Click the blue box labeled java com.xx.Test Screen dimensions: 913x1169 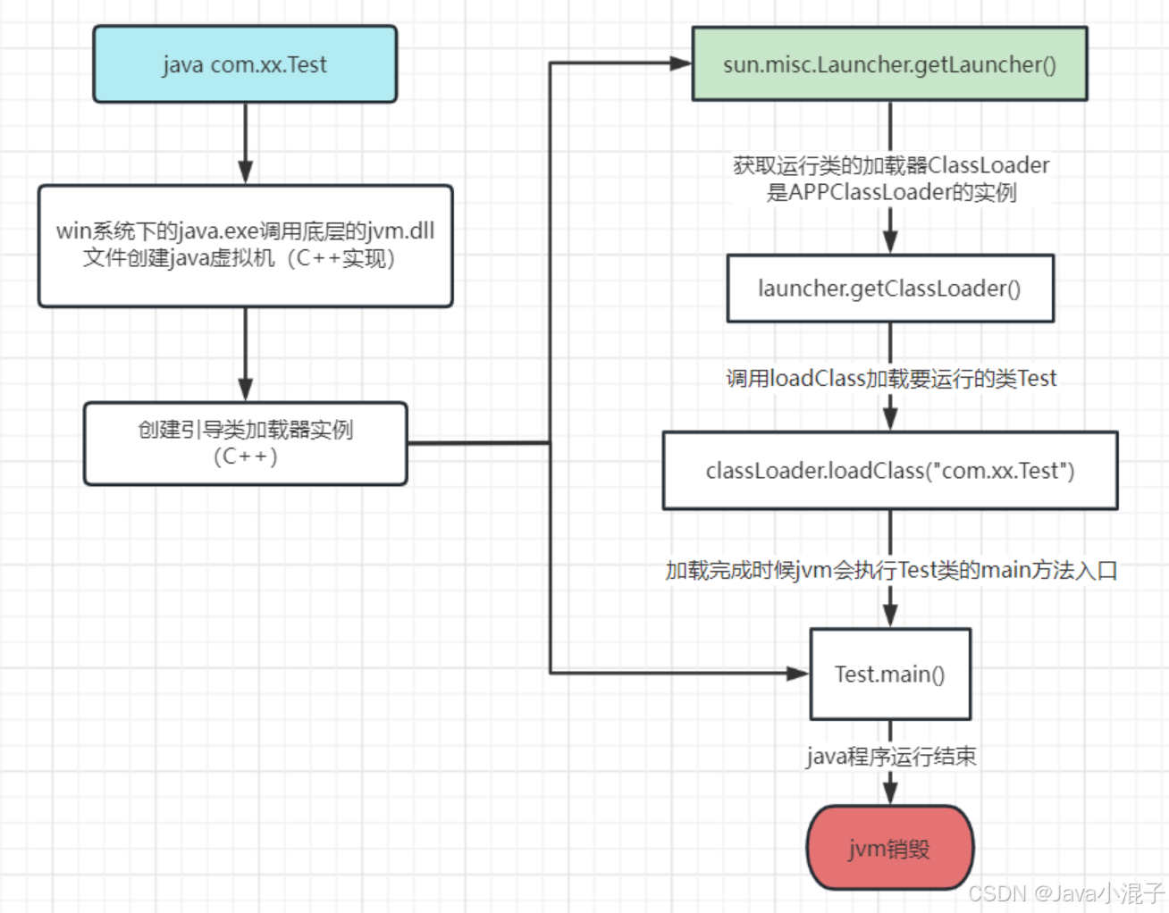pos(245,64)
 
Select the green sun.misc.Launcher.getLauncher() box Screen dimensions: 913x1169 pos(889,64)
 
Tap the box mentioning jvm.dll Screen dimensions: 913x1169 pos(245,246)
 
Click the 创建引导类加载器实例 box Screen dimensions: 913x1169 pos(245,443)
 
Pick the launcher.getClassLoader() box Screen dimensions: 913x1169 pos(889,289)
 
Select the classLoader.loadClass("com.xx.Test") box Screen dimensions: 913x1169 pos(889,471)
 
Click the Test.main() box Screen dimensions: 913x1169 pos(889,674)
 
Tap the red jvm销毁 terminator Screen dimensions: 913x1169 pos(889,848)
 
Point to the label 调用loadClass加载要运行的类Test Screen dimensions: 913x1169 pos(890,379)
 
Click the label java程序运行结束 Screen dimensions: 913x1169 pos(890,757)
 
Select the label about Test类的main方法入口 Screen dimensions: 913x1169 pos(890,570)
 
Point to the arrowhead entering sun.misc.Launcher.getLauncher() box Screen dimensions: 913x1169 pos(680,63)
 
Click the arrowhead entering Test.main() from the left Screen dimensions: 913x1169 pos(797,674)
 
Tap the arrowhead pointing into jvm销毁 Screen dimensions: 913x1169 pos(890,792)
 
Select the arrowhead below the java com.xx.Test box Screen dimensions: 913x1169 pos(245,172)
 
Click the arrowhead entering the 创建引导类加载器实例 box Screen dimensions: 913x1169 pos(245,389)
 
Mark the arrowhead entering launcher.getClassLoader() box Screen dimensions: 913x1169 pos(890,241)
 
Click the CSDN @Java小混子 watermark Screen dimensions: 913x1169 pos(1065,893)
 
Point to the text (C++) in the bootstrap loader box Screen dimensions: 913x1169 pos(245,456)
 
